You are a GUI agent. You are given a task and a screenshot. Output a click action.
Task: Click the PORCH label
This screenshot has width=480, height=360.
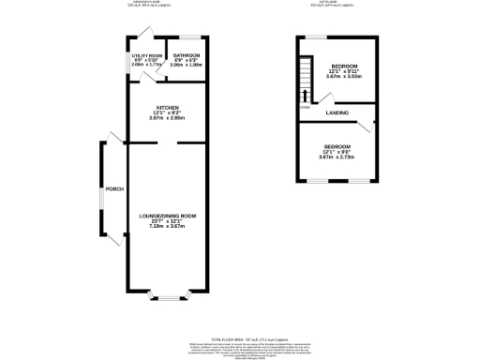pyautogui.click(x=114, y=189)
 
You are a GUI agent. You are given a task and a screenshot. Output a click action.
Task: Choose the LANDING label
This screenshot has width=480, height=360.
pyautogui.click(x=337, y=113)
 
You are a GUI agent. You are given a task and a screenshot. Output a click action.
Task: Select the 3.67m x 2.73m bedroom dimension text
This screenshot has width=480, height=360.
pyautogui.click(x=337, y=157)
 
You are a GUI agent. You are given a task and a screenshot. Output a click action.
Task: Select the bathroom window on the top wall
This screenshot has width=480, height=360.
pyautogui.click(x=187, y=37)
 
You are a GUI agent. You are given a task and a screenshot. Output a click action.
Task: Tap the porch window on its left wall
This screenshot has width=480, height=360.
pyautogui.click(x=100, y=192)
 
